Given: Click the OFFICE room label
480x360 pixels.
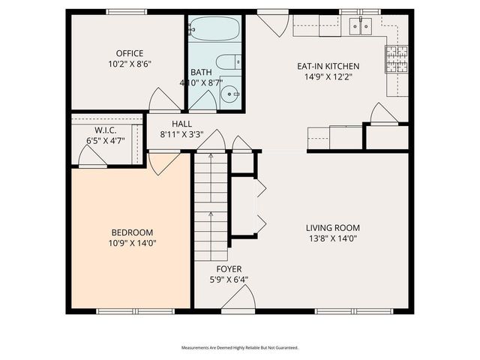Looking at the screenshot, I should point(129,53).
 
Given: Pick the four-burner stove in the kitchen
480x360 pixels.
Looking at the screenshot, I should point(397,58).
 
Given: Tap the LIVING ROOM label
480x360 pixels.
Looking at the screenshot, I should point(332,228).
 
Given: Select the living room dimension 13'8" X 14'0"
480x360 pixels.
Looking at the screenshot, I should point(332,238).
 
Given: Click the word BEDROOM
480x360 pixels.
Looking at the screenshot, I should point(132,232).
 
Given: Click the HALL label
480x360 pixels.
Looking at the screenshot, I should point(181,124).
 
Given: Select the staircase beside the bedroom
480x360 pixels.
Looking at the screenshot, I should point(211,202).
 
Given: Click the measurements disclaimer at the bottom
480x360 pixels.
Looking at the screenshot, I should point(240,348).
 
